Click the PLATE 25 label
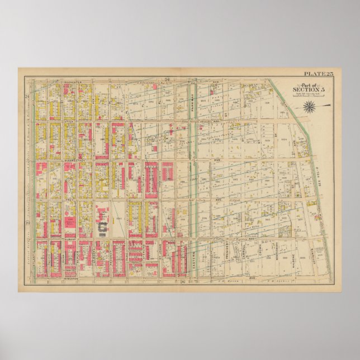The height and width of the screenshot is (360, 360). (x=318, y=74)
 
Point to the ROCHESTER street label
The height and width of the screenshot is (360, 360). (x=73, y=82)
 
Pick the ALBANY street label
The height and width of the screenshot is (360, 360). (x=70, y=238)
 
